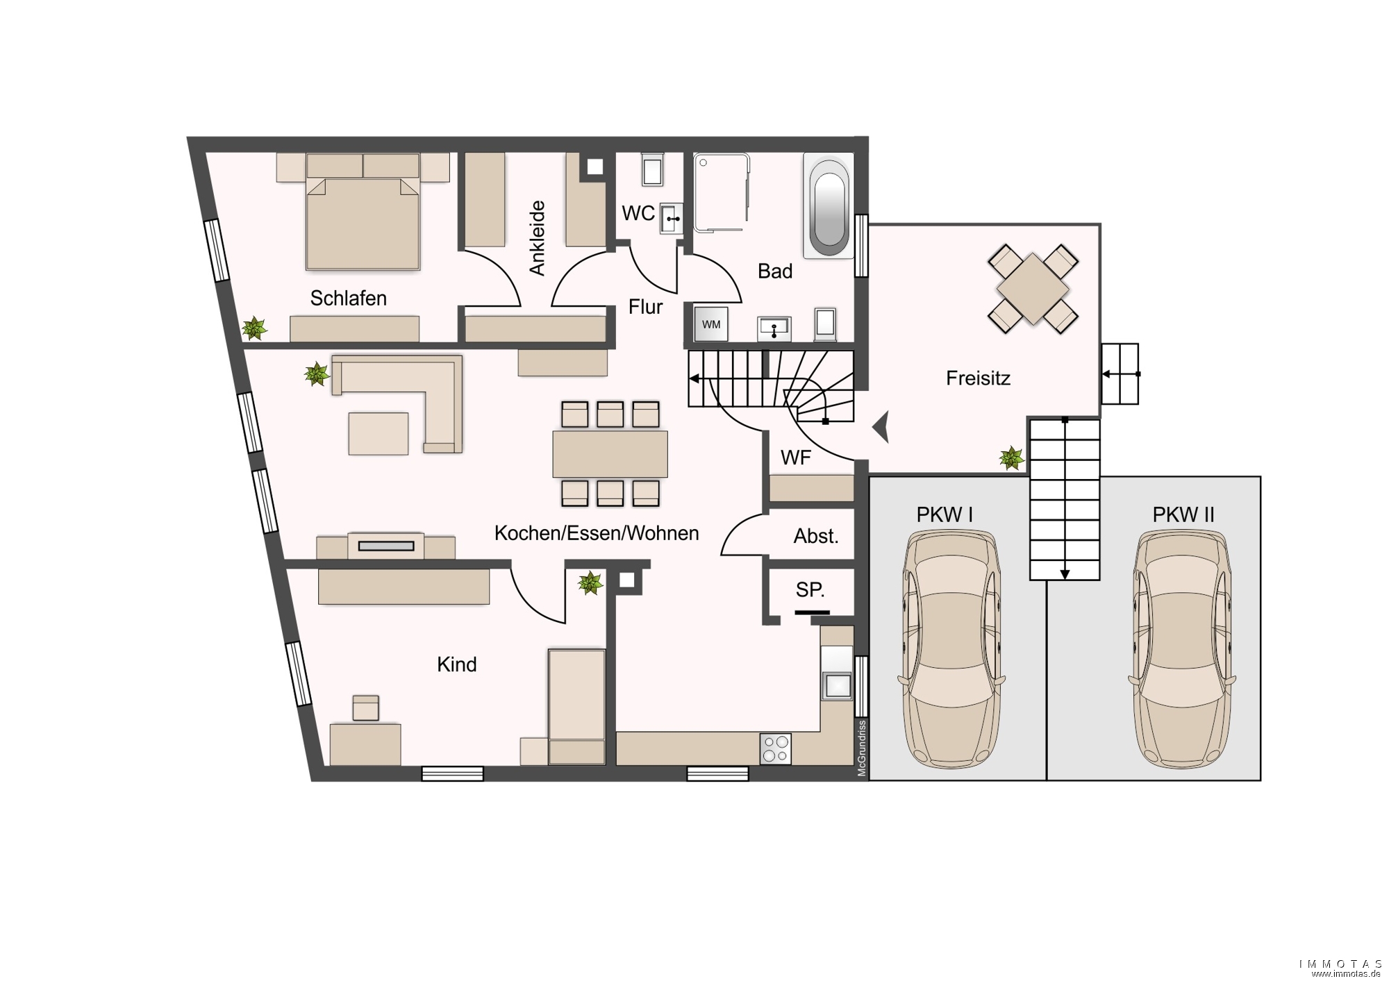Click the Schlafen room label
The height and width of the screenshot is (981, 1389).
(x=348, y=299)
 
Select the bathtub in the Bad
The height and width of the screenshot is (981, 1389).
(x=829, y=205)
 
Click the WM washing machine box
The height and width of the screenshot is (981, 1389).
(x=711, y=324)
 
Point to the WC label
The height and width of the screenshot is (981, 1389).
(x=638, y=213)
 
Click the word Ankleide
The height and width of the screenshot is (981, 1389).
(x=537, y=238)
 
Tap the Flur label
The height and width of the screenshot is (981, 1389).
(x=645, y=307)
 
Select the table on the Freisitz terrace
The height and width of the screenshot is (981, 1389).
(x=1033, y=289)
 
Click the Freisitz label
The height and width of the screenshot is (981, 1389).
(x=978, y=378)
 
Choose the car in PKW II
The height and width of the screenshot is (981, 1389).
(x=1183, y=649)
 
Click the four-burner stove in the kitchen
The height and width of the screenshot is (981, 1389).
(x=775, y=749)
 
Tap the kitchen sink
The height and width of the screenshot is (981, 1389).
(x=837, y=685)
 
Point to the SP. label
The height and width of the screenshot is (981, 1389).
(x=810, y=590)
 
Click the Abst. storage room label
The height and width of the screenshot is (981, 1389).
(x=816, y=536)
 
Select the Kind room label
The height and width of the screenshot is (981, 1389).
(x=456, y=664)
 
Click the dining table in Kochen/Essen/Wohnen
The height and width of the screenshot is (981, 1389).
(x=610, y=454)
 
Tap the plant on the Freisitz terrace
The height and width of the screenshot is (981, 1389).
(x=1011, y=458)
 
